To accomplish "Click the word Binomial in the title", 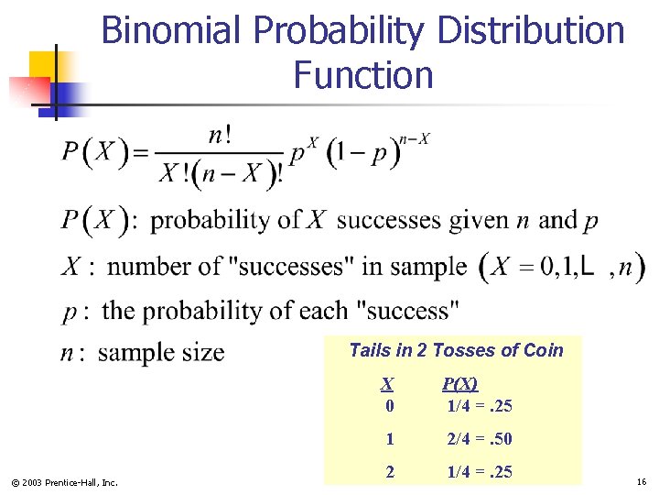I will (172, 31).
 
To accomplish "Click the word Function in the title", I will (363, 74).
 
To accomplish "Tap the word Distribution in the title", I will (531, 31).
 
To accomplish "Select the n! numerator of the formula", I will (220, 136).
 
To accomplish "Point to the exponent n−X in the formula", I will (415, 139).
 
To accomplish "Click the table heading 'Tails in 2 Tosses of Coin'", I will (456, 350).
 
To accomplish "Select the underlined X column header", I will (388, 384).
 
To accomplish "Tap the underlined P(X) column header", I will (459, 384).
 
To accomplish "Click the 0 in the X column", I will (390, 405).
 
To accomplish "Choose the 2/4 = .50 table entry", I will (479, 439).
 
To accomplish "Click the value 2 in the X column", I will (390, 472).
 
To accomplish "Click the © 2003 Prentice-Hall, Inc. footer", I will (64, 482).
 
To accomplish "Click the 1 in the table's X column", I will (390, 439).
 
